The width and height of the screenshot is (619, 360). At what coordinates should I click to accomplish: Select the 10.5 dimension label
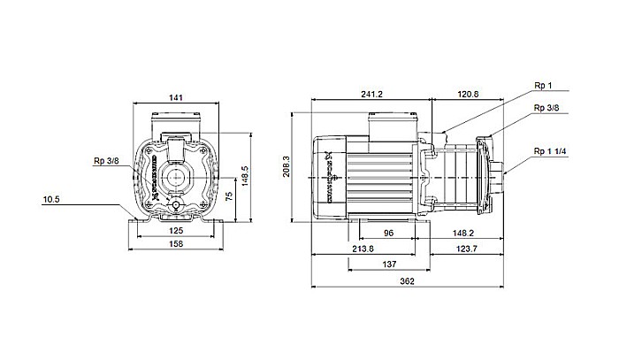click(x=51, y=200)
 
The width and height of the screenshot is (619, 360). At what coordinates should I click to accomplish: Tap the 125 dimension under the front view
click(x=176, y=231)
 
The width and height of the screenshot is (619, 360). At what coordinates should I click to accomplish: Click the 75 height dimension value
click(x=230, y=196)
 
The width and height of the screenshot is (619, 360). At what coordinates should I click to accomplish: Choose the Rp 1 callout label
click(x=543, y=88)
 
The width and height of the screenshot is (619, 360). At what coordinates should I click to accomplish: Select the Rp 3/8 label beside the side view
click(x=546, y=108)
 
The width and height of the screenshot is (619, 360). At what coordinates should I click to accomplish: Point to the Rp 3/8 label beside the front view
click(x=105, y=161)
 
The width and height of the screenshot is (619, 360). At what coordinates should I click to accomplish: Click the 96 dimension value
click(x=387, y=234)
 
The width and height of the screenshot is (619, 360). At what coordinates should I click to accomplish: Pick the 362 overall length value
click(x=405, y=280)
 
